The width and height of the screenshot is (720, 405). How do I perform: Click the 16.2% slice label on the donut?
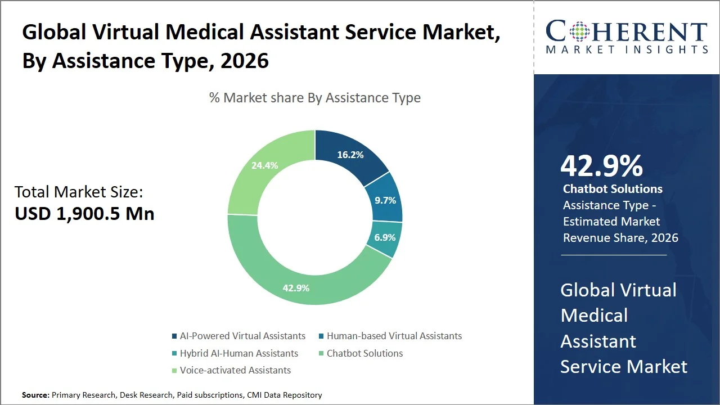point(350,155)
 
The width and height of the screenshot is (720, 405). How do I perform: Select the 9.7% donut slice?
point(385,200)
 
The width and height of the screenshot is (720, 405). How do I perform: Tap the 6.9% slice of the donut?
point(385,237)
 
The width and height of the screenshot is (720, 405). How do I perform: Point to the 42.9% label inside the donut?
point(296,288)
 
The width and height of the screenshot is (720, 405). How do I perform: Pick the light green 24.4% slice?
point(264,165)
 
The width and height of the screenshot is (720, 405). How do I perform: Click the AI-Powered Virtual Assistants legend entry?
point(242,336)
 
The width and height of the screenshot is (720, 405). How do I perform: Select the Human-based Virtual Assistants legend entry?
point(394,336)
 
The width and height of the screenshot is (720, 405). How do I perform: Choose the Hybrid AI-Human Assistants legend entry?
point(238,353)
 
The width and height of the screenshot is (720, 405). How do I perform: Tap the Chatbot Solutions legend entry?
point(364,353)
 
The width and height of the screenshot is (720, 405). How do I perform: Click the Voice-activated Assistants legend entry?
point(235,370)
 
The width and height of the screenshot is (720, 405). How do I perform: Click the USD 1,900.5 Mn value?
point(84,214)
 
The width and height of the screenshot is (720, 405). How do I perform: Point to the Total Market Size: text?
point(79,192)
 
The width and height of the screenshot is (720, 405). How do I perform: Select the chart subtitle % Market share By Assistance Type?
point(314,98)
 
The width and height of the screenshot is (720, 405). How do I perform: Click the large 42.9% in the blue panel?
point(601,166)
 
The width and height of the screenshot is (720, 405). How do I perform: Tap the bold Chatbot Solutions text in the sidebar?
point(613,189)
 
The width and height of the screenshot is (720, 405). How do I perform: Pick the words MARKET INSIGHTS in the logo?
point(627,49)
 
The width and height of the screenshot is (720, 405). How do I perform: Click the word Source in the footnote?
point(35,395)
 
